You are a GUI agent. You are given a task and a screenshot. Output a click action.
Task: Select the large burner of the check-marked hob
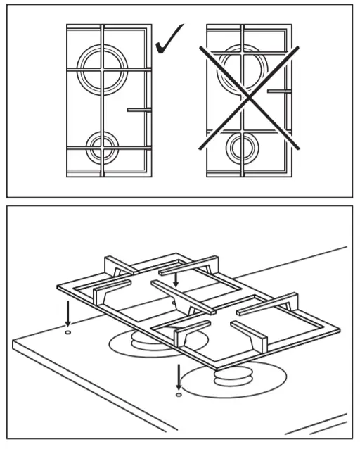(101, 68)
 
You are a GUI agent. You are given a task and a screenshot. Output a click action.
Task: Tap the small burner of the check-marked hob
(101, 147)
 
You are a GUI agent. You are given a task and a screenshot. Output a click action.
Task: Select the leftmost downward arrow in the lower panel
(67, 310)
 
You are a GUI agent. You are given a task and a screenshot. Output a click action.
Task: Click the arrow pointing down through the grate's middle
(176, 280)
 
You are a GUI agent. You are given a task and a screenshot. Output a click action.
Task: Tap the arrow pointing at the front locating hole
(179, 376)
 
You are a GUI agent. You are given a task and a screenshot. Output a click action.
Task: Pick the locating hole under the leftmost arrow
(67, 331)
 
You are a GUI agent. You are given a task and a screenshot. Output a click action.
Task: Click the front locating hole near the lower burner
(179, 396)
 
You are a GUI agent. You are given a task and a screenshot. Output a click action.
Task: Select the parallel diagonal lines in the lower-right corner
(316, 426)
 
